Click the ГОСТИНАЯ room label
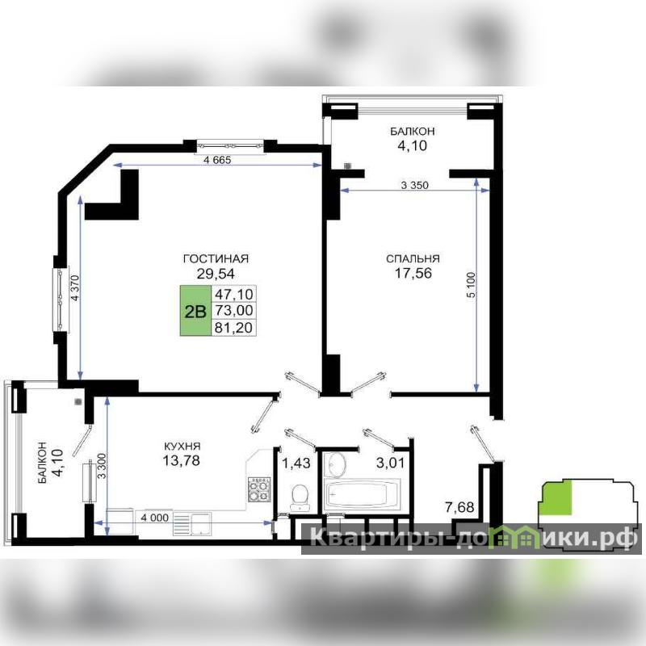[216, 258]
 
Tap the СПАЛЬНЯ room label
[413, 258]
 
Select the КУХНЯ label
[182, 446]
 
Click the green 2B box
[195, 310]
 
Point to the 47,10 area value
[234, 294]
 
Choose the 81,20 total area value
[234, 328]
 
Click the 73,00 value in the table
[234, 310]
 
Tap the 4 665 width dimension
[217, 160]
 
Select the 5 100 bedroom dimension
[471, 285]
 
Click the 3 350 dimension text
[414, 185]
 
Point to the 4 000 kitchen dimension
[154, 518]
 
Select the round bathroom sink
[336, 464]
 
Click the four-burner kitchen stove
[258, 489]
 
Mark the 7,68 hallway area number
[459, 507]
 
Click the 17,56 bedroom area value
[413, 273]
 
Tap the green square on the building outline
[557, 497]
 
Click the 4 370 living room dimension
[74, 288]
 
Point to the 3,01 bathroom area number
[390, 463]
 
